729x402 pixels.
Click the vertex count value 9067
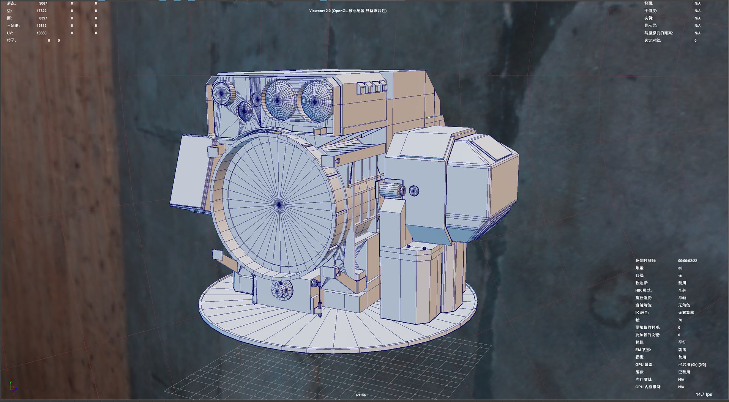tap(43, 3)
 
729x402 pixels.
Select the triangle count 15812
tap(41, 26)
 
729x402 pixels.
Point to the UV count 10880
tap(41, 33)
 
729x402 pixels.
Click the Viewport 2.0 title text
tap(347, 11)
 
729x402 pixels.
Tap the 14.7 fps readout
tap(704, 394)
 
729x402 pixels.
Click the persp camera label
tap(361, 394)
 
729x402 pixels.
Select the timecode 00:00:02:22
tap(687, 261)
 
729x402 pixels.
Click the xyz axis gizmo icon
tap(13, 386)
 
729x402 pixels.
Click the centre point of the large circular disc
tap(279, 205)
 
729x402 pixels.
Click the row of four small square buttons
tap(372, 88)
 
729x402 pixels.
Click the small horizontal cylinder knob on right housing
tap(392, 190)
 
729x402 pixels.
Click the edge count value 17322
tap(41, 11)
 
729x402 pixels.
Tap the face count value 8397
tap(43, 18)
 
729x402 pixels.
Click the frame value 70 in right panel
tap(680, 320)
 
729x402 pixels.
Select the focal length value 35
tap(680, 268)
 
